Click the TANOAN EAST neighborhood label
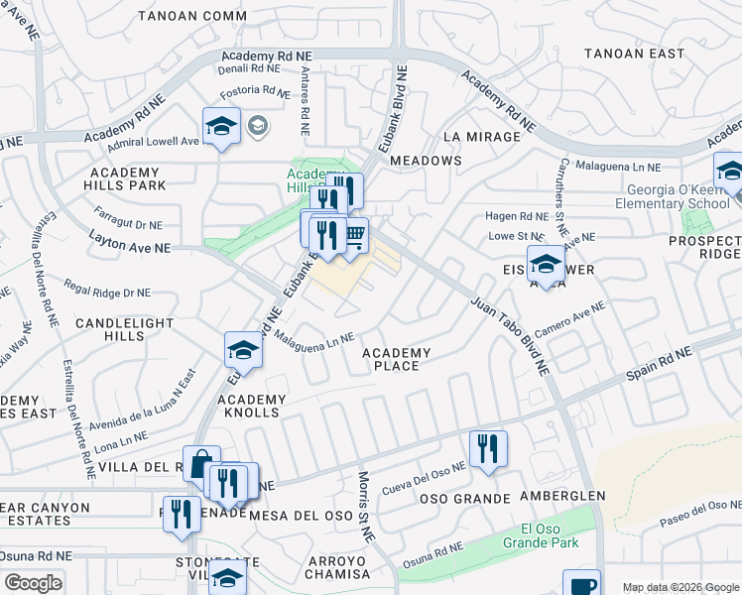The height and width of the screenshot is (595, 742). click(635, 54)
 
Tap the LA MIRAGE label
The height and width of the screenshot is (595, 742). click(481, 137)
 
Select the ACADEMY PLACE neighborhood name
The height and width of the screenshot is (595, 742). click(396, 359)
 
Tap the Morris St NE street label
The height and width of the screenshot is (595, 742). click(364, 505)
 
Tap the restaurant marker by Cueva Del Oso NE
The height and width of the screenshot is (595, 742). click(488, 447)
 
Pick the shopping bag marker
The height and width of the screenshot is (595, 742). click(201, 463)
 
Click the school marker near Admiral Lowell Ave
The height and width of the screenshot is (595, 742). click(221, 126)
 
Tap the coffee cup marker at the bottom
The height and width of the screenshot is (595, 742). click(581, 583)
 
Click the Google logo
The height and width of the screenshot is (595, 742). click(33, 583)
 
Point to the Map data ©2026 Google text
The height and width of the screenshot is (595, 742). click(680, 587)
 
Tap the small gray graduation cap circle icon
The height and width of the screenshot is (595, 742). click(258, 125)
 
